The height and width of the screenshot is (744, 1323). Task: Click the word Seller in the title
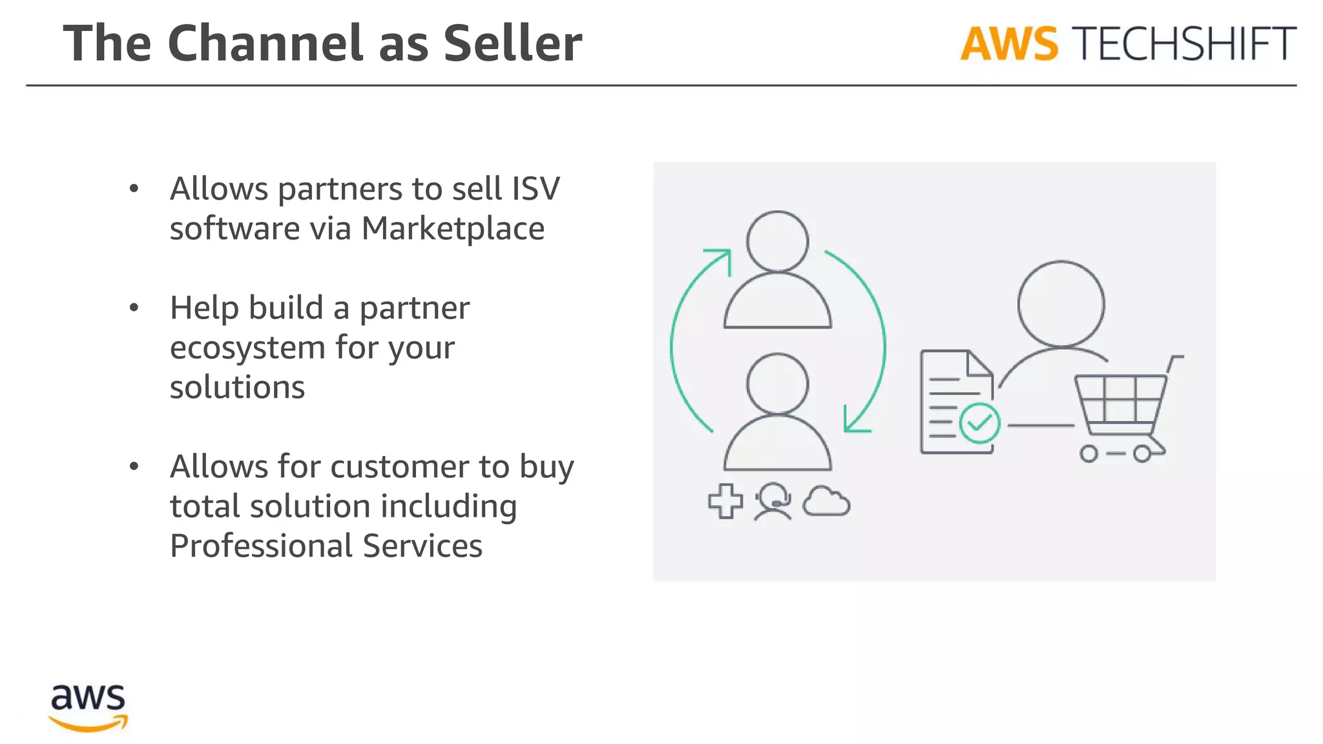pyautogui.click(x=512, y=44)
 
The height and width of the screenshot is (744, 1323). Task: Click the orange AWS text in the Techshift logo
pyautogui.click(x=1008, y=45)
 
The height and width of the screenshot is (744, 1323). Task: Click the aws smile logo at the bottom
pyautogui.click(x=89, y=708)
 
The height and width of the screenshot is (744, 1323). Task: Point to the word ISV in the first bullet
pyautogui.click(x=536, y=189)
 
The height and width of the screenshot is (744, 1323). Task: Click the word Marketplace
pyautogui.click(x=452, y=229)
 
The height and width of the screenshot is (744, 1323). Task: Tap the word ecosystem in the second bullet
pyautogui.click(x=247, y=347)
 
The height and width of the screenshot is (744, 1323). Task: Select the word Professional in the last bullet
pyautogui.click(x=260, y=546)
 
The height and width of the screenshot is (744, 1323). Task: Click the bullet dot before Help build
pyautogui.click(x=134, y=308)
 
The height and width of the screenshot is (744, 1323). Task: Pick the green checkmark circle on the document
pyautogui.click(x=979, y=423)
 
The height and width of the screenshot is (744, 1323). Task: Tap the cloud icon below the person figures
pyautogui.click(x=826, y=502)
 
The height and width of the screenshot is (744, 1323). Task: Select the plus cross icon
pyautogui.click(x=725, y=501)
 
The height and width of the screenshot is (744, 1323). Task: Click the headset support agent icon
pyautogui.click(x=773, y=501)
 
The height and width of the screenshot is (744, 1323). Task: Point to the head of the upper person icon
pyautogui.click(x=777, y=241)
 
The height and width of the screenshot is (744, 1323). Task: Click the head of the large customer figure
pyautogui.click(x=1061, y=304)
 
